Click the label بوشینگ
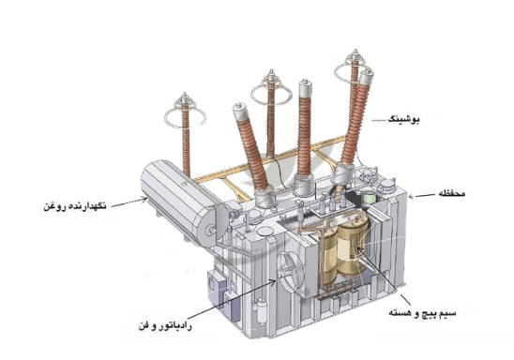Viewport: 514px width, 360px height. point(441,120)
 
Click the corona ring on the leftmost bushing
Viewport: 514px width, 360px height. point(185,119)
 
